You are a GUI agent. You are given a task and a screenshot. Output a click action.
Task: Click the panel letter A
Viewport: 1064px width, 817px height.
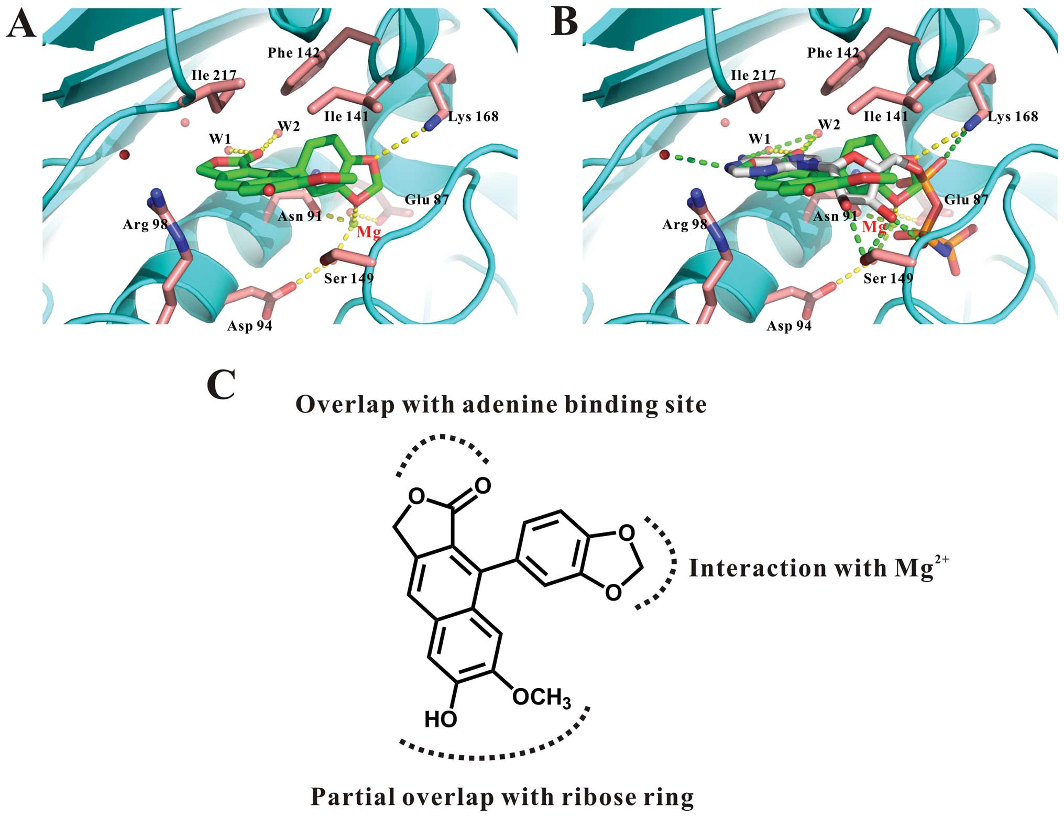pyautogui.click(x=21, y=24)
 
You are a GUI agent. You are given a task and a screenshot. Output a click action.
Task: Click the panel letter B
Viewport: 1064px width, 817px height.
pyautogui.click(x=565, y=24)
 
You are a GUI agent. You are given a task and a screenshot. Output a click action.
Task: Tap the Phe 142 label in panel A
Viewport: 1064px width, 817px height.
pyautogui.click(x=293, y=53)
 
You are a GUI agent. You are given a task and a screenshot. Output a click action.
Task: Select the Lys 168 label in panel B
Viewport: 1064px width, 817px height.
pyautogui.click(x=1012, y=116)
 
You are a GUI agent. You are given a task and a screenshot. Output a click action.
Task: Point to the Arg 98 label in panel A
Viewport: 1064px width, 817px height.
pyautogui.click(x=145, y=225)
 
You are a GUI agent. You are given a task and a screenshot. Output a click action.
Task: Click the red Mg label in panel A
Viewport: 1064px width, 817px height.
pyautogui.click(x=369, y=232)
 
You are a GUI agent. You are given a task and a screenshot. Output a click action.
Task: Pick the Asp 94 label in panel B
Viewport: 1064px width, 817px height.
pyautogui.click(x=789, y=326)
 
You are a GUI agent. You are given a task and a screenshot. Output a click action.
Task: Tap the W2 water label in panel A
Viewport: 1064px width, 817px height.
pyautogui.click(x=289, y=126)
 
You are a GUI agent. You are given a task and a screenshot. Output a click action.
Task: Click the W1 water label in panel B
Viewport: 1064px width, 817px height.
pyautogui.click(x=759, y=139)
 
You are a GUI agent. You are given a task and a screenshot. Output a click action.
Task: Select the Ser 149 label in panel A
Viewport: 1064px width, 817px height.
pyautogui.click(x=348, y=278)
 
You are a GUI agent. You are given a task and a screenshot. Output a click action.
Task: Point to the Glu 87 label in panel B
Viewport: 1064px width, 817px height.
pyautogui.click(x=966, y=200)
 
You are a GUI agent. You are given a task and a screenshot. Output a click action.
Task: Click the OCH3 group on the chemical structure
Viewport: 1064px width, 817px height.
pyautogui.click(x=541, y=698)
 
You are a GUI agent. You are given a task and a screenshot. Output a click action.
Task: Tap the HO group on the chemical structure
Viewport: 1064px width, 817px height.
pyautogui.click(x=441, y=720)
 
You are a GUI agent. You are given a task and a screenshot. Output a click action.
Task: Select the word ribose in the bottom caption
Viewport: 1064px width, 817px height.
pyautogui.click(x=598, y=797)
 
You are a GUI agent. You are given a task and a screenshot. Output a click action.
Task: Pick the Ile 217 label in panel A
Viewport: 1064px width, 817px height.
pyautogui.click(x=214, y=75)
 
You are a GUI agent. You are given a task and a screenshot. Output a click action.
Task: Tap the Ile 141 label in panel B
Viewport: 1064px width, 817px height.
pyautogui.click(x=885, y=116)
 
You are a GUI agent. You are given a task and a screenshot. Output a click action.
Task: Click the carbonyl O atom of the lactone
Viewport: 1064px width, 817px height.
pyautogui.click(x=482, y=486)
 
